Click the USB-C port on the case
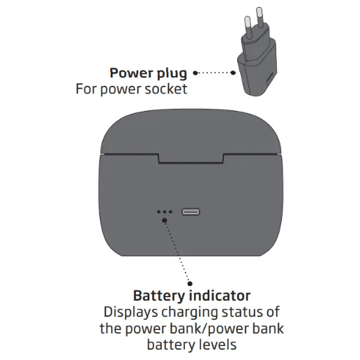192,212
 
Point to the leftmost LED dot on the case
158,212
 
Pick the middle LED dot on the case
165,212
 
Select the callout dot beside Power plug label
195,72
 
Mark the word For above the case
87,89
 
